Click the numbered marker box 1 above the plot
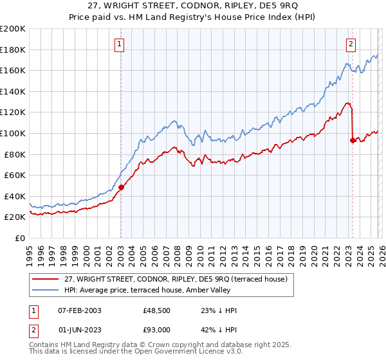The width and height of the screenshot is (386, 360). (120, 44)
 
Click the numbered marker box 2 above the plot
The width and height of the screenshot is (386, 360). (351, 44)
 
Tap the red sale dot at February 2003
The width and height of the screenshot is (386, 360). (121, 187)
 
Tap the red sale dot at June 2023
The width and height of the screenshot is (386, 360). (353, 140)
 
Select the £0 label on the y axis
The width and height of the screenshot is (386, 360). (19, 238)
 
